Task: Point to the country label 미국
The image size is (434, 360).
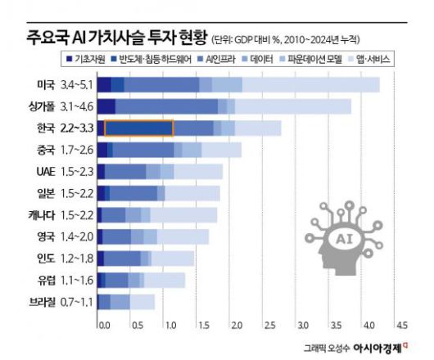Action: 45,84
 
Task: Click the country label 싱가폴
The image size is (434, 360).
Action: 41,106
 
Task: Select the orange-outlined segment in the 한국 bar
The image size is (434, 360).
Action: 138,128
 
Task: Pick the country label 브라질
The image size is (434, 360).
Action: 40,302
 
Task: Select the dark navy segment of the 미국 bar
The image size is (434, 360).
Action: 104,84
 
